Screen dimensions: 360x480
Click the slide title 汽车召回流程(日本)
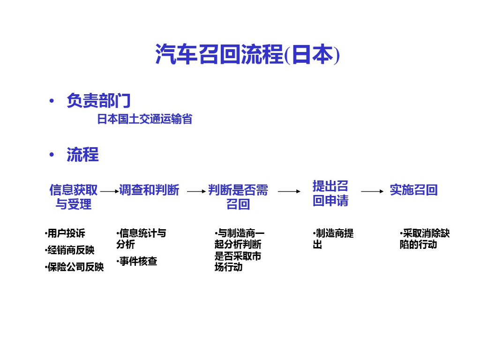pos(247,55)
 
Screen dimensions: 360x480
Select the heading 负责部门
pos(98,100)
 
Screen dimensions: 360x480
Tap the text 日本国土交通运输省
pos(144,119)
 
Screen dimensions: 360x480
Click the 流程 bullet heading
pos(82,154)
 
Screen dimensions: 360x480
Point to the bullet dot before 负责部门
pos(52,101)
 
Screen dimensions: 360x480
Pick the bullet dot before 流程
pos(52,155)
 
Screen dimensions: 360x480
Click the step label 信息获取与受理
pos(74,197)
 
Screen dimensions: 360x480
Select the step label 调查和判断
pos(149,190)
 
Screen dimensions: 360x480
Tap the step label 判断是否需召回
pos(238,197)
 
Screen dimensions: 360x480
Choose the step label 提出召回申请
pos(330,193)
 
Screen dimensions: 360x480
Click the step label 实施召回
pos(413,190)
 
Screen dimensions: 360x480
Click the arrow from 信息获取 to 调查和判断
pos(109,191)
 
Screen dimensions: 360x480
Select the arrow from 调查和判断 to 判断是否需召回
pos(196,191)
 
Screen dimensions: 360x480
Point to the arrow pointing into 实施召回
pos(372,191)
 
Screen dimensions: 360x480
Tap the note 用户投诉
pos(66,233)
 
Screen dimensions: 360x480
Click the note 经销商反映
pos(70,250)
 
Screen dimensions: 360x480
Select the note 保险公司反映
pos(75,267)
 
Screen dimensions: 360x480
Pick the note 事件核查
pos(137,261)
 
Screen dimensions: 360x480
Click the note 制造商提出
pos(333,239)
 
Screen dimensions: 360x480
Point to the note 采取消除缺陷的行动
pos(424,239)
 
